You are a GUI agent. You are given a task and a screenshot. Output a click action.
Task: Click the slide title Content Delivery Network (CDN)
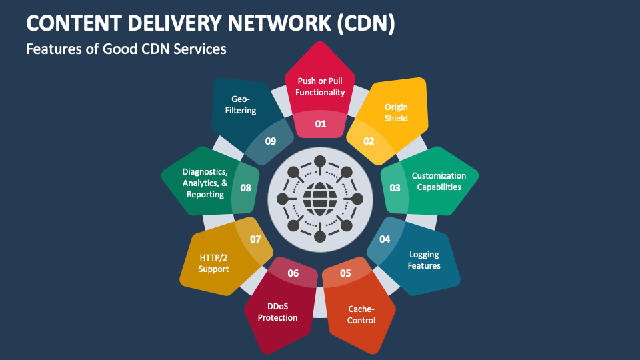coord(211,23)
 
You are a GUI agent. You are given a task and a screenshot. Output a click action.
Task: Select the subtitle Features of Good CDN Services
coord(126,49)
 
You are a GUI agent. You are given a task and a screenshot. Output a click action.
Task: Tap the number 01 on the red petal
coord(321,123)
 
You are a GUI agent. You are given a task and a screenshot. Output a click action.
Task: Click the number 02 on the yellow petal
coord(369,141)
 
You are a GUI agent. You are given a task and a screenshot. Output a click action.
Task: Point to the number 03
coord(395,188)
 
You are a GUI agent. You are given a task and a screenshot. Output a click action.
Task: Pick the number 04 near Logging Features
coord(385,239)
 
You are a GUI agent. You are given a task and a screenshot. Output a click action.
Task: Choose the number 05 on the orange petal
coord(345,273)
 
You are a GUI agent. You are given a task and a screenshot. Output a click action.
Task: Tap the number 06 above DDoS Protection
coord(293,273)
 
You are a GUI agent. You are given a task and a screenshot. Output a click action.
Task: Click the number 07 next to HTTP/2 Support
coord(255,239)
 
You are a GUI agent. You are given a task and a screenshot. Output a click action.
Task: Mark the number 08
coord(245,188)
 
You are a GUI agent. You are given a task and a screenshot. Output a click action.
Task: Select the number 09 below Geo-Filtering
coord(270,141)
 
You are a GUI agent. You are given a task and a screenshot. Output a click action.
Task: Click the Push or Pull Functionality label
coord(321,87)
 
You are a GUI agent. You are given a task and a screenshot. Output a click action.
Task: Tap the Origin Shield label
coord(396,112)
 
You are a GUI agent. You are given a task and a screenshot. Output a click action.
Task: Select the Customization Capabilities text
coord(439,181)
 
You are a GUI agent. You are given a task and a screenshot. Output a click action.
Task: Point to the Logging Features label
coord(425,260)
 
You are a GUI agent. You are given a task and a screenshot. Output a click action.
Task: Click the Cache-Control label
coord(361,315)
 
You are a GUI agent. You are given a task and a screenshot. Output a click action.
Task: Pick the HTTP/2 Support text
coord(213,263)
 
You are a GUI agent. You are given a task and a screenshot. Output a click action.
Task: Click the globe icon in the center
coord(320,198)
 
